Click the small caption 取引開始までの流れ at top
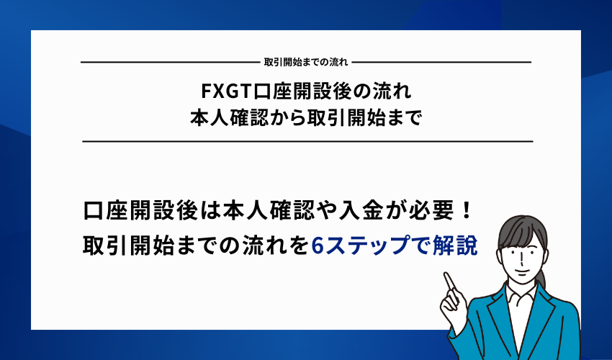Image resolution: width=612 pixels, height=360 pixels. click(x=306, y=63)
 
